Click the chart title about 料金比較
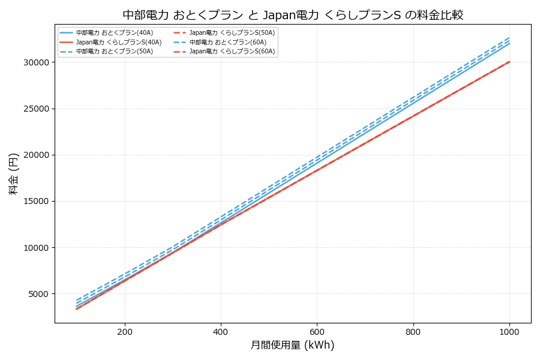coord(293,15)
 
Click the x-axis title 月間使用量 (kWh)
coord(292,346)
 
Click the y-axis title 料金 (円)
coord(13,173)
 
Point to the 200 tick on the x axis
coord(125,331)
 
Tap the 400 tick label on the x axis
coord(221,331)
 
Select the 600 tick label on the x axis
coord(317,331)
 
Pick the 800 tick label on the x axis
coord(413,331)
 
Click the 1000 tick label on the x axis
coord(509,331)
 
